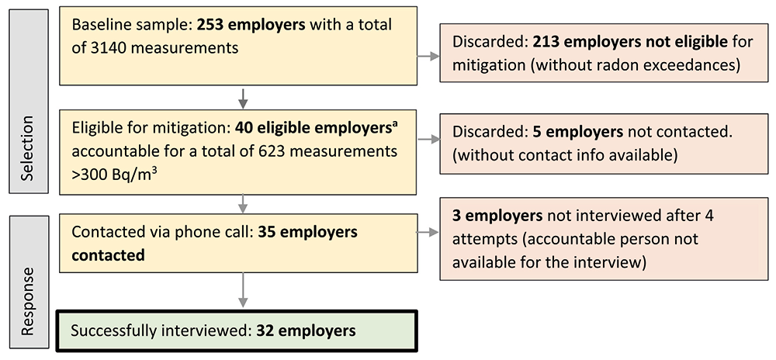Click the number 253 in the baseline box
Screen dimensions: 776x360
coord(211,26)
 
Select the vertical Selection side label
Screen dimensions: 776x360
coord(28,148)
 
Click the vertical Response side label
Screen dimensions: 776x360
coord(28,301)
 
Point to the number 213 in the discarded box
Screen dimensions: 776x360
coord(546,42)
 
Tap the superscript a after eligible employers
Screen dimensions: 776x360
coord(395,124)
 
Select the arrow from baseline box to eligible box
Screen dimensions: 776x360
coord(242,97)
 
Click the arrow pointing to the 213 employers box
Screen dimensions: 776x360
coord(428,57)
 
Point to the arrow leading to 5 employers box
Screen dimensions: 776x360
coord(428,140)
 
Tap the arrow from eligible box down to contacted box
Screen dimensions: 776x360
coord(242,203)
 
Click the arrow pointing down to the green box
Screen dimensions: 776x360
coord(242,289)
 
